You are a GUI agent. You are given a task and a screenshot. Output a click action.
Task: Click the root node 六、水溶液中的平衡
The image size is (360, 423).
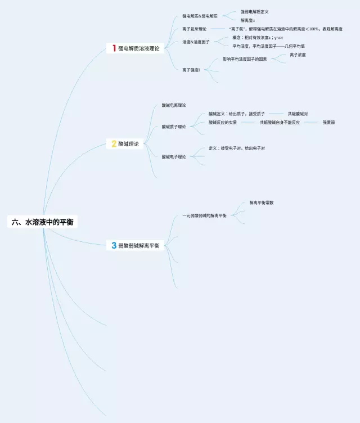tap(43, 222)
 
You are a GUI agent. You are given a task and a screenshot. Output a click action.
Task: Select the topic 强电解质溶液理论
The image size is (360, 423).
tap(139, 49)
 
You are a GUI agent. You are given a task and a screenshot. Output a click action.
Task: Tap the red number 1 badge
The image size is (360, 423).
tap(114, 49)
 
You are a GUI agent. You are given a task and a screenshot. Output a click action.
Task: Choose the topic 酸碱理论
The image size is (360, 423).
tap(128, 144)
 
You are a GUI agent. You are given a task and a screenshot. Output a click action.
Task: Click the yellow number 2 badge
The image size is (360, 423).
tap(114, 144)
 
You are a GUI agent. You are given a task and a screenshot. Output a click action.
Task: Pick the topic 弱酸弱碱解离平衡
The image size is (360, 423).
tap(139, 245)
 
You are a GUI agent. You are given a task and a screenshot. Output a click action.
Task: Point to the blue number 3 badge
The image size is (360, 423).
tap(114, 245)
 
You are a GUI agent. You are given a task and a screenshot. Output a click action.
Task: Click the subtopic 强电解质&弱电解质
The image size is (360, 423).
tap(200, 16)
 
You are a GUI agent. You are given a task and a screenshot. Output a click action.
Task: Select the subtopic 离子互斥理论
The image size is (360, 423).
tap(194, 29)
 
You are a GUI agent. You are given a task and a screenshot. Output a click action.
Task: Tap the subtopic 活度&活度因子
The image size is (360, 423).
tap(196, 42)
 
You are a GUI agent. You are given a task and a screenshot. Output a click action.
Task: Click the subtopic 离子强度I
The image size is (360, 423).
tap(191, 70)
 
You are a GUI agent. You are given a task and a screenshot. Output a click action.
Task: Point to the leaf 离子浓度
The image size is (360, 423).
tap(298, 55)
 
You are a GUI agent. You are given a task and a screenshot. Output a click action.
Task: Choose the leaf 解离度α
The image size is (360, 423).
tap(248, 20)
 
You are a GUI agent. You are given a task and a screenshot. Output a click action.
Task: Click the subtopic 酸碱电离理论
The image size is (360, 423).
tap(174, 105)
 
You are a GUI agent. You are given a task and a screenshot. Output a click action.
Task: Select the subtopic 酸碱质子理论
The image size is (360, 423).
tap(174, 127)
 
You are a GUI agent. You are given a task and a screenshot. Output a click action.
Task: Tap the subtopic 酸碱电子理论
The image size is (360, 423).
tap(174, 156)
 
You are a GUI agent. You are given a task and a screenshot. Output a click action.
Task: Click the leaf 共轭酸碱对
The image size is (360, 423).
tap(298, 114)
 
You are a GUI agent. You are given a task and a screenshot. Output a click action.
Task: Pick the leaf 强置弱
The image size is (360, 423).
tap(328, 122)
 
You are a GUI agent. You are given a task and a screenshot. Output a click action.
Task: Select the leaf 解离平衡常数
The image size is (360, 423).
tap(262, 202)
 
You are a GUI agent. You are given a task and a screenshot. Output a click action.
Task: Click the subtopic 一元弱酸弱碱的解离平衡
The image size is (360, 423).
tap(205, 215)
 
